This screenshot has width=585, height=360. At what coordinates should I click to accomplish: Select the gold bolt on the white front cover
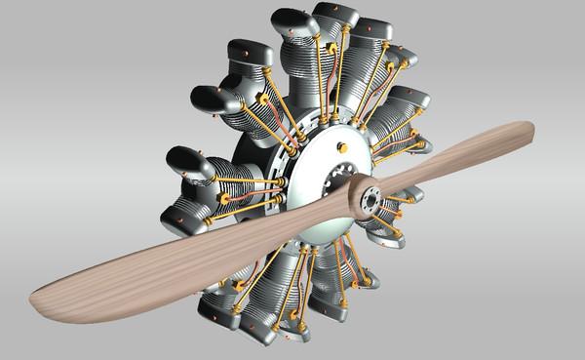341,147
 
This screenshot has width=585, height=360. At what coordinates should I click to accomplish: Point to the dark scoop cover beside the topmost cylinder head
292,24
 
